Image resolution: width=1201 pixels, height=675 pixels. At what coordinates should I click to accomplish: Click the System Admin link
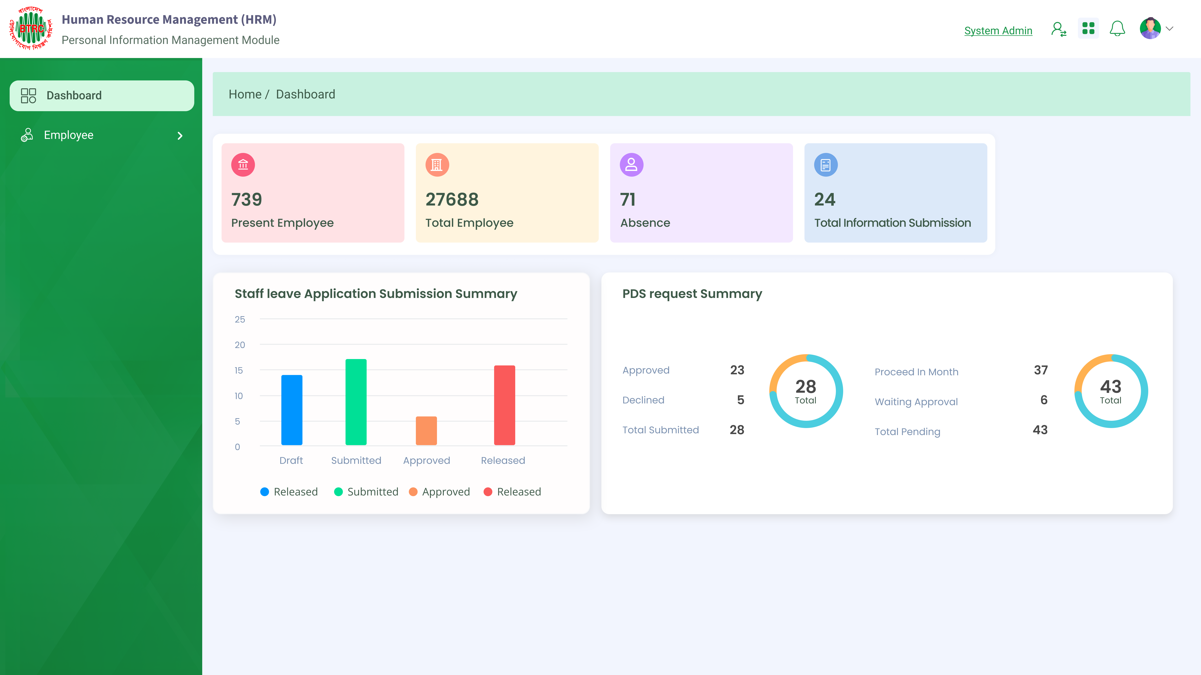pyautogui.click(x=998, y=31)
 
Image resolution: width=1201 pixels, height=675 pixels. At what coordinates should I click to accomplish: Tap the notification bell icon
pyautogui.click(x=1117, y=28)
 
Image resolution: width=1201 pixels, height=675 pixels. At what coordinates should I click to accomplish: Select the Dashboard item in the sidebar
pyautogui.click(x=102, y=96)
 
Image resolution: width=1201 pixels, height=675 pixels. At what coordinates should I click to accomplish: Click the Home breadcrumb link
pyautogui.click(x=245, y=94)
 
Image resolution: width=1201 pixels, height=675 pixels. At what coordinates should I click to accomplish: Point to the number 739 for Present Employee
pyautogui.click(x=247, y=200)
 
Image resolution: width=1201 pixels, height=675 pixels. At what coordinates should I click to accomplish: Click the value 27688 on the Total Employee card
pyautogui.click(x=452, y=200)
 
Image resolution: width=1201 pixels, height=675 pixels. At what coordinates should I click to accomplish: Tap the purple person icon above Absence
pyautogui.click(x=631, y=165)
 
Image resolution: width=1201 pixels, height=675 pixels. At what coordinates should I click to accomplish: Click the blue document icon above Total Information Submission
pyautogui.click(x=826, y=165)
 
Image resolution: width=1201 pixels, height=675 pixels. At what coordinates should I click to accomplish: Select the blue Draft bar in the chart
pyautogui.click(x=292, y=410)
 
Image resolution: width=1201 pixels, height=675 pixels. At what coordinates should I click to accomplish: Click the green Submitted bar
pyautogui.click(x=356, y=402)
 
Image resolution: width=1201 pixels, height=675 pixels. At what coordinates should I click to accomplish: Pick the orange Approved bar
pyautogui.click(x=426, y=431)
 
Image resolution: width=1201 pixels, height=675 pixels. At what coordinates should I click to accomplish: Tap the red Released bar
pyautogui.click(x=504, y=405)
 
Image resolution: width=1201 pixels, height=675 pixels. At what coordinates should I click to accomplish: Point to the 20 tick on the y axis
pyautogui.click(x=240, y=345)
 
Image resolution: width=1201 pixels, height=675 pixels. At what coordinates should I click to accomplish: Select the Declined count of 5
pyautogui.click(x=740, y=400)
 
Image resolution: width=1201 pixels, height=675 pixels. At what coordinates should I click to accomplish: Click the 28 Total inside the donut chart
pyautogui.click(x=806, y=391)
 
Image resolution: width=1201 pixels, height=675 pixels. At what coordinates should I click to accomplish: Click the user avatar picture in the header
pyautogui.click(x=1150, y=28)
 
